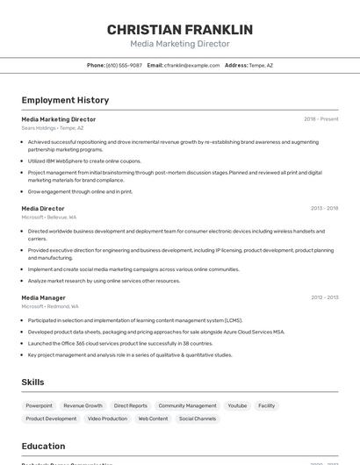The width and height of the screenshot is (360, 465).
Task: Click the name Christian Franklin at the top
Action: click(179, 30)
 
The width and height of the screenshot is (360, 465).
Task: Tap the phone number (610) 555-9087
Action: click(124, 65)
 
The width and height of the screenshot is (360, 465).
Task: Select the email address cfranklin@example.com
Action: click(192, 65)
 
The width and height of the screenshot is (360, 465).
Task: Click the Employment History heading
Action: click(65, 100)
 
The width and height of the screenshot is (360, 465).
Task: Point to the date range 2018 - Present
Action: click(320, 118)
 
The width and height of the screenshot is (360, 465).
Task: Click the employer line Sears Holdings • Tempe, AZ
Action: click(53, 128)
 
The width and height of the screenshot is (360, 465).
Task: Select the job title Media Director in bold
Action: click(43, 208)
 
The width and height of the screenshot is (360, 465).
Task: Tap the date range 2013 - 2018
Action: click(324, 208)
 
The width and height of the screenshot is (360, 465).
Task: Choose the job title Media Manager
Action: click(44, 297)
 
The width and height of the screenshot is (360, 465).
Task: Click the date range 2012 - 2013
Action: click(324, 297)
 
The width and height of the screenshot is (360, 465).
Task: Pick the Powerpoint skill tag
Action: click(39, 405)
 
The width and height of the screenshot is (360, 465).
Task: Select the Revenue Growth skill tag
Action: click(83, 405)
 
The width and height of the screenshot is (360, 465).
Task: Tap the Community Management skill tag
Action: click(187, 405)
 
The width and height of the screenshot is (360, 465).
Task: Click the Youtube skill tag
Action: click(237, 405)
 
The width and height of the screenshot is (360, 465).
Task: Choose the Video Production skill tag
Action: click(107, 418)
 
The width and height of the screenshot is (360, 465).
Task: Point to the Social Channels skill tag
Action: click(198, 418)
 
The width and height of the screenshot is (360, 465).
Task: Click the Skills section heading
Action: click(33, 383)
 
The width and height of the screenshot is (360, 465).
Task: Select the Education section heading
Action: click(43, 446)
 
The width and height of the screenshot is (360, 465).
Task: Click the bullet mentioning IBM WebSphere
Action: click(84, 161)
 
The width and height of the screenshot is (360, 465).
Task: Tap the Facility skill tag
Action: click(267, 405)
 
